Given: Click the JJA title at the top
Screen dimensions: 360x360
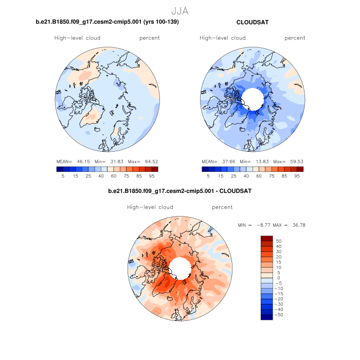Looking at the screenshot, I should (180, 10).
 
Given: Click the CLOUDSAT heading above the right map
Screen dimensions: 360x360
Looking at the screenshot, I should (253, 23).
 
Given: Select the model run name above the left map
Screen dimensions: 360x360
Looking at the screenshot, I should (107, 23).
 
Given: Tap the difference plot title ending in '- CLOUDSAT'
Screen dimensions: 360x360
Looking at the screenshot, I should (179, 191).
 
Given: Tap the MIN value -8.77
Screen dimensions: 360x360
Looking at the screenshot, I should (264, 225).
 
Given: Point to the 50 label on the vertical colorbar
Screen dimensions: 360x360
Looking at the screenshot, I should (279, 241).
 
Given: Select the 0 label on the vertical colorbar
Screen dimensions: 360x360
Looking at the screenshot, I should (278, 278).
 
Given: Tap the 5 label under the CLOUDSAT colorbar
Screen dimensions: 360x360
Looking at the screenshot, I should (208, 176).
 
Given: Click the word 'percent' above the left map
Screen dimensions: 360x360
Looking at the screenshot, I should (150, 38).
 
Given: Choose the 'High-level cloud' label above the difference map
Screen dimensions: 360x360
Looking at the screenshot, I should (150, 207).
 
